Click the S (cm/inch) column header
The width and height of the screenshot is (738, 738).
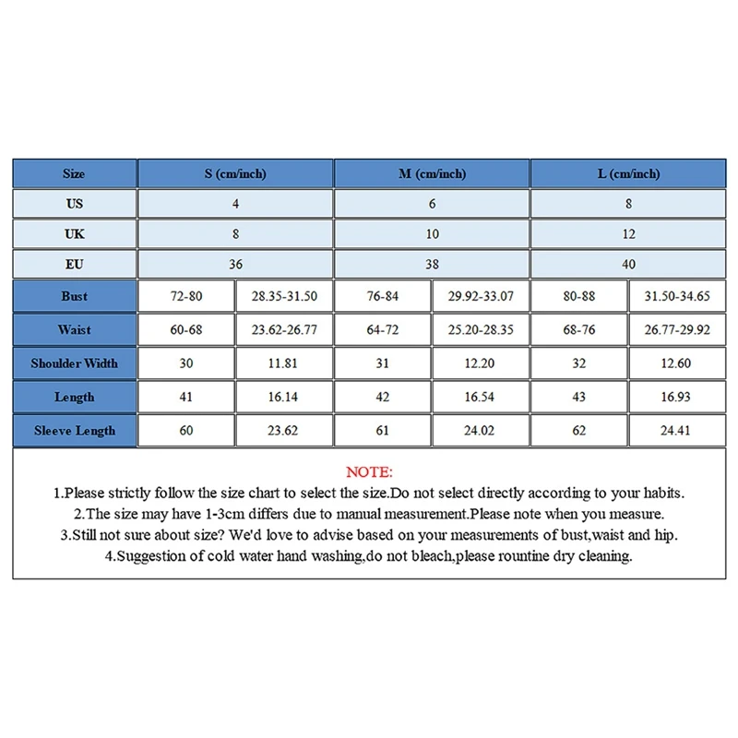click(x=235, y=173)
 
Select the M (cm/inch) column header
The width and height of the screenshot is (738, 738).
click(x=432, y=173)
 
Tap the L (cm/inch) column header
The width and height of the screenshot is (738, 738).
click(x=628, y=173)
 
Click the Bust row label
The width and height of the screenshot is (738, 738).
click(x=75, y=296)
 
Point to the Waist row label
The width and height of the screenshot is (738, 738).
click(x=75, y=329)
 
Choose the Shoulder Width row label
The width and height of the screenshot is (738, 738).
click(x=75, y=363)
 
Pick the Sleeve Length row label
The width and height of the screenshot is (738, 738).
click(x=75, y=431)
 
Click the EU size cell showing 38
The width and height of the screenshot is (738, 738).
click(x=432, y=264)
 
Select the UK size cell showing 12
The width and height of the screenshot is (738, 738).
click(x=628, y=234)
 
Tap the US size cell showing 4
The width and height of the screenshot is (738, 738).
click(x=235, y=204)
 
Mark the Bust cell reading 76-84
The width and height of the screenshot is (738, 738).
click(x=382, y=296)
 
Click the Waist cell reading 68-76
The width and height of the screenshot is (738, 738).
click(x=578, y=329)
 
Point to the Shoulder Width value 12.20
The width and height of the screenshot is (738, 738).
click(x=481, y=363)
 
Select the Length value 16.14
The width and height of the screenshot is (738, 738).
click(x=284, y=397)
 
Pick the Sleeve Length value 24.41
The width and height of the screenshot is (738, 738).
click(x=677, y=431)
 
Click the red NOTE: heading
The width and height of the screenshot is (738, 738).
click(x=369, y=472)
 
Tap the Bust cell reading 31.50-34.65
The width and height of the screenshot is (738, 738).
click(x=677, y=296)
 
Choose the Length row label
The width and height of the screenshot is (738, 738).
click(x=75, y=397)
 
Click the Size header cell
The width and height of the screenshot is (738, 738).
click(x=75, y=173)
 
